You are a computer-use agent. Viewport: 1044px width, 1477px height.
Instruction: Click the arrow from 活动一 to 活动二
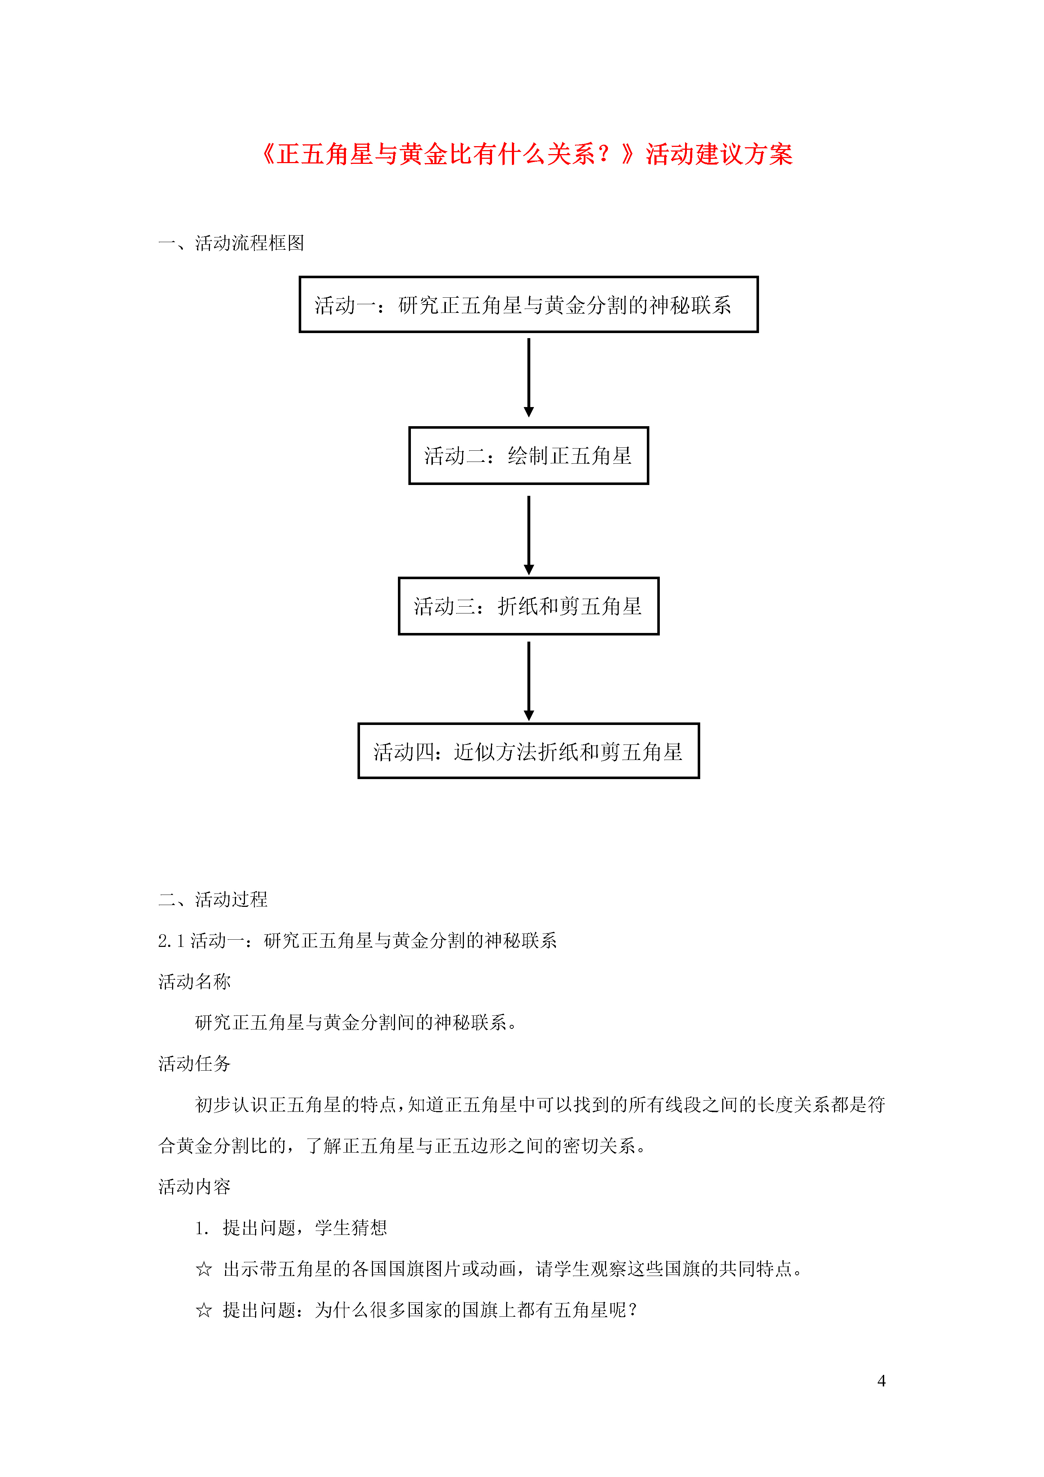coord(529,377)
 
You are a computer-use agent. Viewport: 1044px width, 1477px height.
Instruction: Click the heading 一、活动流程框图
coord(231,243)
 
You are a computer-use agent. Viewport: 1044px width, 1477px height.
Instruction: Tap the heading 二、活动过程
coord(213,899)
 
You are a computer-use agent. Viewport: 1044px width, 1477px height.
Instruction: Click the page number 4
coord(881,1381)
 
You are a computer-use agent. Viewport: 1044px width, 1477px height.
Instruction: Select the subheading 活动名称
coord(194,982)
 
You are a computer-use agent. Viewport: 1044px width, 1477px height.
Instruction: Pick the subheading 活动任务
coord(194,1063)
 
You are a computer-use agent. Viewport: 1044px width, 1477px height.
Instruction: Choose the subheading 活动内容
coord(194,1186)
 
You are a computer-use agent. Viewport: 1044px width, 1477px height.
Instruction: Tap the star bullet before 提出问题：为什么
coord(204,1310)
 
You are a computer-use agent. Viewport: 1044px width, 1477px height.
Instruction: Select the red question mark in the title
coord(604,154)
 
